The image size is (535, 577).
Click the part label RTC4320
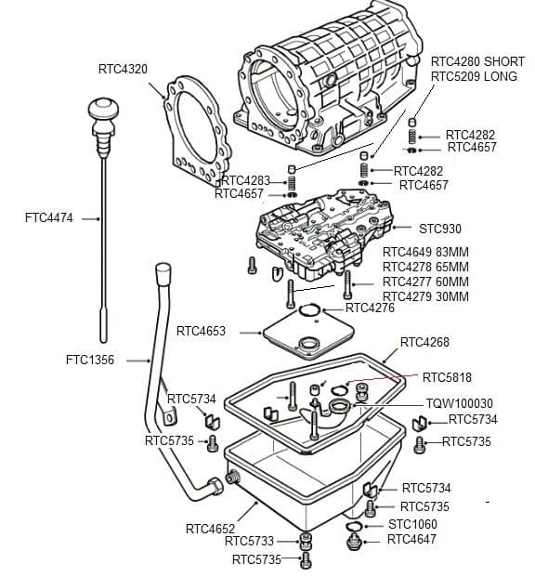click(123, 70)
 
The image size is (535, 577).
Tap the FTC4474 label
click(49, 218)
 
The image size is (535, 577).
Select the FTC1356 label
click(90, 360)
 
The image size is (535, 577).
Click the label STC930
click(439, 229)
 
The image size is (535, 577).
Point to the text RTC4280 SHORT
click(477, 62)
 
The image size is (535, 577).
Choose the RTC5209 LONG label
click(474, 76)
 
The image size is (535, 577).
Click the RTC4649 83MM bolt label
click(425, 252)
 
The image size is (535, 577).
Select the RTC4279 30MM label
click(425, 296)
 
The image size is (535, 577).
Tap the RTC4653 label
click(201, 331)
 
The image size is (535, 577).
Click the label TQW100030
click(459, 404)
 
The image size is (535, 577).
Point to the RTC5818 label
click(447, 378)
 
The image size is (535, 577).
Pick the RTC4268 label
click(424, 343)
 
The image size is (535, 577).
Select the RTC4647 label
click(411, 539)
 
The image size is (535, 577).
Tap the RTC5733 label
click(249, 541)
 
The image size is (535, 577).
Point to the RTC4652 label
click(209, 529)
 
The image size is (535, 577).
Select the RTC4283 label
click(247, 180)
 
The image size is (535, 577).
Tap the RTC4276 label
click(370, 308)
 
